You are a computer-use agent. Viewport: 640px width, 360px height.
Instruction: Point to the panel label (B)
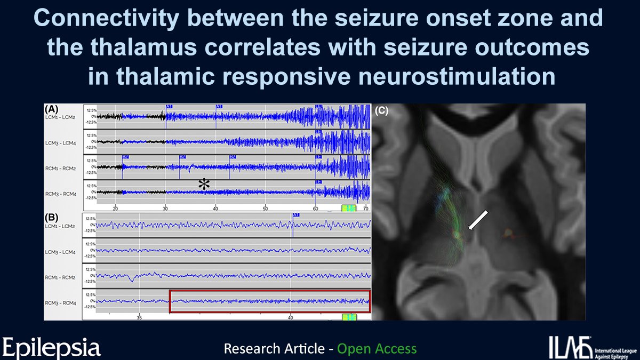pos(52,218)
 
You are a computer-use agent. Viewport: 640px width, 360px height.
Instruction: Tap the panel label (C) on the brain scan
pos(383,111)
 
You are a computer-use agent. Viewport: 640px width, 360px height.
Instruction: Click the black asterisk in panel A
pos(204,185)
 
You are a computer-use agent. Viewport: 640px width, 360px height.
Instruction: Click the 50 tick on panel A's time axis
pos(265,208)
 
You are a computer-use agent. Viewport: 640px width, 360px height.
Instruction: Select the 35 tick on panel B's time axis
pos(139,317)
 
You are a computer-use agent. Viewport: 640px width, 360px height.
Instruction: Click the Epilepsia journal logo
pos(52,347)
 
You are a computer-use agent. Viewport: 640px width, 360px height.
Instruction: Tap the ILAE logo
pos(592,347)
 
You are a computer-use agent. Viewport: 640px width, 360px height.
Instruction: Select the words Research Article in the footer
pos(274,349)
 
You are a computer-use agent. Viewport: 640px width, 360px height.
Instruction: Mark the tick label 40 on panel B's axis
pos(291,317)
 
